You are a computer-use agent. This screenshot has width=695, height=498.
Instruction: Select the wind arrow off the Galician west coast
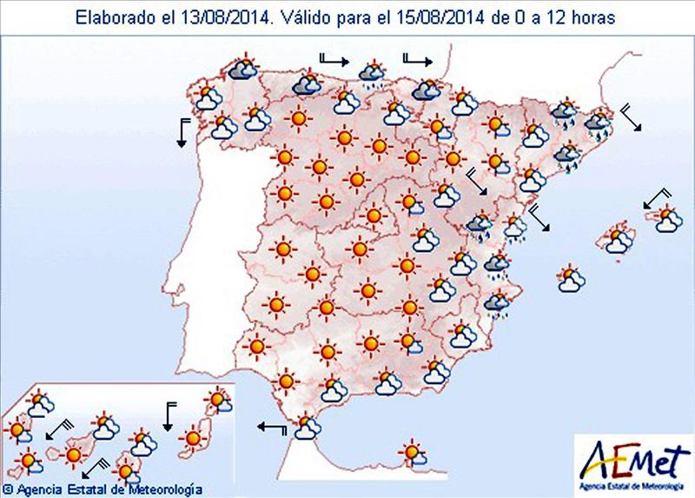click(182, 130)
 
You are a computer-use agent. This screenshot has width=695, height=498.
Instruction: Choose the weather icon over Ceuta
click(306, 427)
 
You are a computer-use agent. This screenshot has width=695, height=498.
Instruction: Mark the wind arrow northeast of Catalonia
click(632, 118)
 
